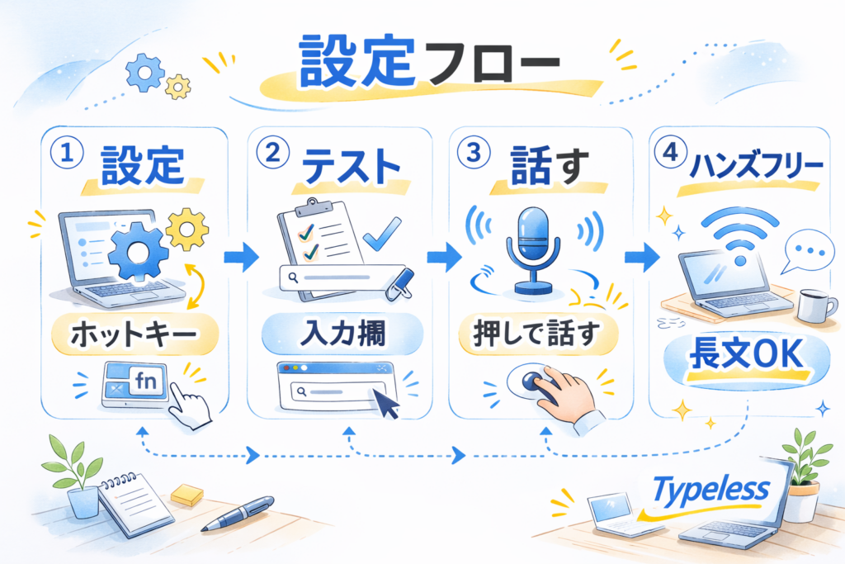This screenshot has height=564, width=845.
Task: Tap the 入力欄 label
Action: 341,336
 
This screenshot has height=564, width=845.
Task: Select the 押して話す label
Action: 540,336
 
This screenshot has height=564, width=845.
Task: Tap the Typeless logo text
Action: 710,490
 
